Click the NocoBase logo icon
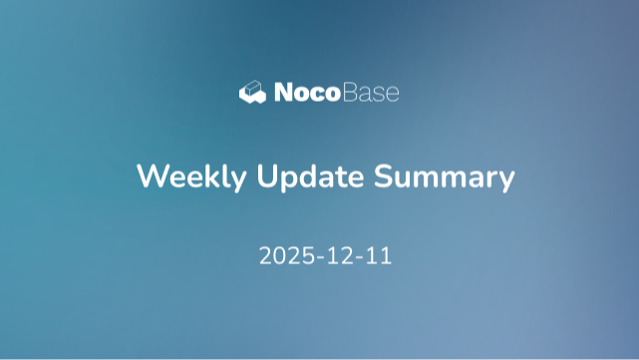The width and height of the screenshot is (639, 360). coord(253,93)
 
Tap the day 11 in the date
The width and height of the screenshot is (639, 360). coord(378,255)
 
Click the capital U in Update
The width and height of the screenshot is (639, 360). coord(266,177)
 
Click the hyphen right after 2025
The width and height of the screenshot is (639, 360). coord(317,257)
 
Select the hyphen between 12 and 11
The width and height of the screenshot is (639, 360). coord(358,257)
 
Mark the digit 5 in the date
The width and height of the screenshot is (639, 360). coord(305,255)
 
